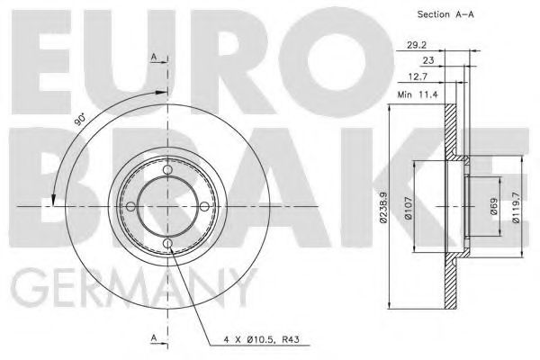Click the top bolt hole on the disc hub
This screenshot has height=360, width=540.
pyautogui.click(x=168, y=172)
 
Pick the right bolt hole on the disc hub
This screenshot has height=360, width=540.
pyautogui.click(x=204, y=208)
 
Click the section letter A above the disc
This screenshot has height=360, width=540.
pyautogui.click(x=154, y=58)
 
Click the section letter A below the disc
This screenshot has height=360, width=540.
pyautogui.click(x=154, y=337)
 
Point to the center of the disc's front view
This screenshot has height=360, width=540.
pyautogui.click(x=168, y=208)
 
